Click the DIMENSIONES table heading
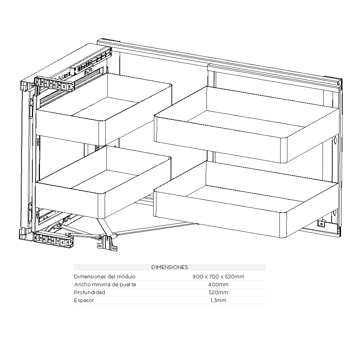[x=170, y=267]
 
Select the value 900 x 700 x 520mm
[x=218, y=277]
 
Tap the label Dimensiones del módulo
[x=105, y=277]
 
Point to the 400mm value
[x=218, y=285]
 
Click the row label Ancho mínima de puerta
[x=105, y=285]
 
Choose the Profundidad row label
[x=90, y=292]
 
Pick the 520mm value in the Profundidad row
[x=218, y=292]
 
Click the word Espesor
[x=84, y=300]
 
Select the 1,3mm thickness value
[x=218, y=300]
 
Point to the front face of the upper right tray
[x=220, y=139]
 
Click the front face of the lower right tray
[x=220, y=214]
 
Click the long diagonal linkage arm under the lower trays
[x=156, y=228]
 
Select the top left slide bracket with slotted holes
[x=54, y=84]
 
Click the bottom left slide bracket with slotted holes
[x=53, y=240]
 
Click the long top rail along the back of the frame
[x=219, y=61]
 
